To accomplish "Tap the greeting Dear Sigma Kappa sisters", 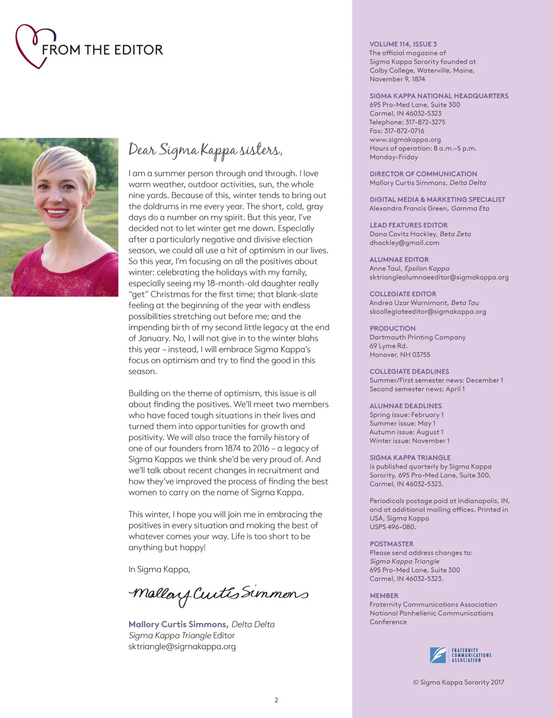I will [x=205, y=150].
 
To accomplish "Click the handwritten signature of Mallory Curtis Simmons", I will [x=218, y=594].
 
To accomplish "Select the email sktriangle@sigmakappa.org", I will [x=182, y=646].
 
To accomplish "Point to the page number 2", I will [x=276, y=700].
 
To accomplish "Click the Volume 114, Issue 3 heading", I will [x=403, y=44].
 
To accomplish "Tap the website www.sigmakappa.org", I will [x=405, y=139].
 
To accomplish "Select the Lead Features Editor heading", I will [x=408, y=225].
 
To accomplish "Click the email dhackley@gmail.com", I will [x=404, y=243].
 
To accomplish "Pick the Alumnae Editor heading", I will [x=399, y=260].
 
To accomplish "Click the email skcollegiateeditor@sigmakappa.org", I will [x=428, y=311].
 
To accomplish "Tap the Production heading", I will [x=392, y=328].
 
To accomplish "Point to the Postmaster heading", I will [x=392, y=544].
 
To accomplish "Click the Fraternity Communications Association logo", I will [x=460, y=655].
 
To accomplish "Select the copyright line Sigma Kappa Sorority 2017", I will [x=458, y=682].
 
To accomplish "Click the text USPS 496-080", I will [x=393, y=527].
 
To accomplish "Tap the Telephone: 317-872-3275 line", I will [x=407, y=122].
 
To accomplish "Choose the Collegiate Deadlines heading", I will [x=409, y=371].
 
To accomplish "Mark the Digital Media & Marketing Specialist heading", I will [x=437, y=199].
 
